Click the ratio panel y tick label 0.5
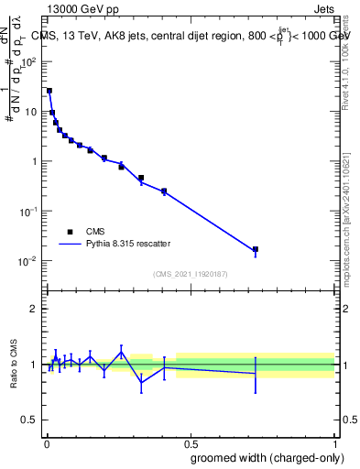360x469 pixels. (x=29, y=420)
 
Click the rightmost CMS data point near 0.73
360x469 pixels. (x=256, y=249)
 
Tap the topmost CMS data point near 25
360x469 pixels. (x=49, y=91)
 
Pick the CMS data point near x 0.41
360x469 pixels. (x=164, y=191)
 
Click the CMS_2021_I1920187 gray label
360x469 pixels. (x=191, y=273)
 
